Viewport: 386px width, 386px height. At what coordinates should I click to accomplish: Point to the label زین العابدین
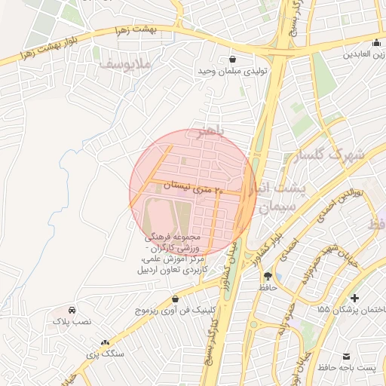pyautogui.click(x=365, y=56)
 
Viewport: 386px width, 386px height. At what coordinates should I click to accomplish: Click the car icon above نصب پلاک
pyautogui.click(x=72, y=310)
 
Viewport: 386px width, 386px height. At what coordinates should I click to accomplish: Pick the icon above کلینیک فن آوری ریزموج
pyautogui.click(x=176, y=299)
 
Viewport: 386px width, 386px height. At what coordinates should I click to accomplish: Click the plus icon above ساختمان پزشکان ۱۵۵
pyautogui.click(x=354, y=299)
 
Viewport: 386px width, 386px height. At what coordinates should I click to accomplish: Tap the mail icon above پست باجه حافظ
pyautogui.click(x=348, y=355)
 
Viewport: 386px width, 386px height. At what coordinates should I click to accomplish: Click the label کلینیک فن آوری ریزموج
pyautogui.click(x=176, y=310)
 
